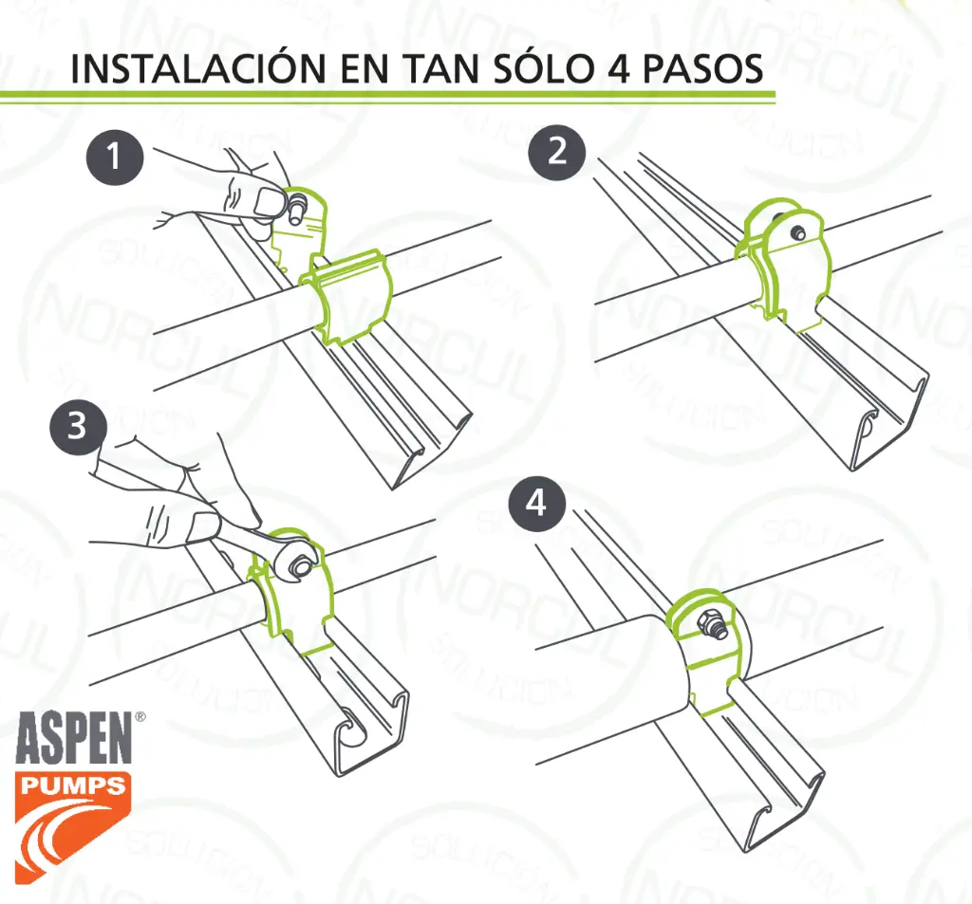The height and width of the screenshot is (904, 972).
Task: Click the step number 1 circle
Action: pos(115,157)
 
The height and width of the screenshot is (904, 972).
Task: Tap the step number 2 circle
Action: pos(557,153)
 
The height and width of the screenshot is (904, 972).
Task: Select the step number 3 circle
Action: pos(78,426)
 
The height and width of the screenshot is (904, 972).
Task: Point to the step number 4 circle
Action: pos(537,503)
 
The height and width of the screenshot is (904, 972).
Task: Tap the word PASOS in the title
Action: pos(702,69)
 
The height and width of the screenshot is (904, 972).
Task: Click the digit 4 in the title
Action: pos(619,69)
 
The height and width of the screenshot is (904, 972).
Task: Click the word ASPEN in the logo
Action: pos(74,737)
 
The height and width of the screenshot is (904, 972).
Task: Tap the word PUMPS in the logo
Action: pos(72,785)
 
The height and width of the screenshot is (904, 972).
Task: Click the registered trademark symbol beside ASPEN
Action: pos(140,716)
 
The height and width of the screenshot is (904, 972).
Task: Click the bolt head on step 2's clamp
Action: pos(797,233)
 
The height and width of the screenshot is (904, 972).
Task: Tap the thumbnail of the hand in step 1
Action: pos(269,201)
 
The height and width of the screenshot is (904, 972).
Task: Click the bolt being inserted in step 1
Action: pos(296,207)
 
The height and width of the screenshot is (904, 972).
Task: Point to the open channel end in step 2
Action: pos(890,421)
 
